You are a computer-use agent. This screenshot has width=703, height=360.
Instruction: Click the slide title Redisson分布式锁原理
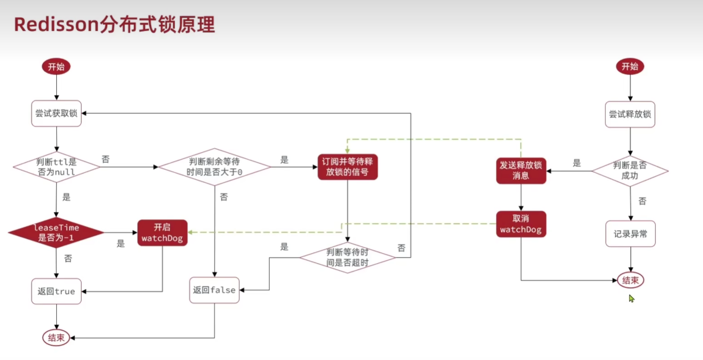tap(114, 25)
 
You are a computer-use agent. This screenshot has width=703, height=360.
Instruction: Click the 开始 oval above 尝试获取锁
tap(56, 67)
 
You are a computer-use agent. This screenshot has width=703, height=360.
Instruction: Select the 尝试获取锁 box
tap(56, 114)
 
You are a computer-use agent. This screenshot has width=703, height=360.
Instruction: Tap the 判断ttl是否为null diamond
tap(56, 167)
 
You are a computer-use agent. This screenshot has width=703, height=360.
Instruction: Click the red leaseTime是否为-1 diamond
tap(56, 232)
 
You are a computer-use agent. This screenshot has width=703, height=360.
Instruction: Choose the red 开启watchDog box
tap(162, 233)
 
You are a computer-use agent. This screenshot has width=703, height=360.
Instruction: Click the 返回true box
tap(56, 291)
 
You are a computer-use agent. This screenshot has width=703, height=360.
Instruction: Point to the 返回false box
tap(214, 290)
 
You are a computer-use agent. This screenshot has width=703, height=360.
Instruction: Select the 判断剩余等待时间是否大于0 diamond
tap(214, 167)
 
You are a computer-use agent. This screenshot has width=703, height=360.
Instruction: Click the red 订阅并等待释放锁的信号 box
tap(347, 167)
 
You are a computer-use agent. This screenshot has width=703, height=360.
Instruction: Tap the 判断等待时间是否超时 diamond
tap(347, 257)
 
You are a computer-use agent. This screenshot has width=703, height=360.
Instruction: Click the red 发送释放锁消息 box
tap(521, 170)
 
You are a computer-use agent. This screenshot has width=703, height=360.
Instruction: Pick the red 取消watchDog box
tap(521, 225)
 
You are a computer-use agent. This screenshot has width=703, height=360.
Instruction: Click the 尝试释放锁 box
tap(630, 114)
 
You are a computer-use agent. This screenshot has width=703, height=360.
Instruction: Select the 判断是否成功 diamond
tap(630, 170)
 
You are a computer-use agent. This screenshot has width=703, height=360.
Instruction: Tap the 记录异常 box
tap(630, 234)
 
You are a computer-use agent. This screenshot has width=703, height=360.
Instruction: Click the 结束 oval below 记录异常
tap(630, 280)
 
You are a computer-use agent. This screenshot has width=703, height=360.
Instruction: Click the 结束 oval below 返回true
tap(56, 338)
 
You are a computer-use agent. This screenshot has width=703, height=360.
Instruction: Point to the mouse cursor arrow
tap(631, 298)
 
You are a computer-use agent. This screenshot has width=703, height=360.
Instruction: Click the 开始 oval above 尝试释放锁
tap(630, 66)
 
